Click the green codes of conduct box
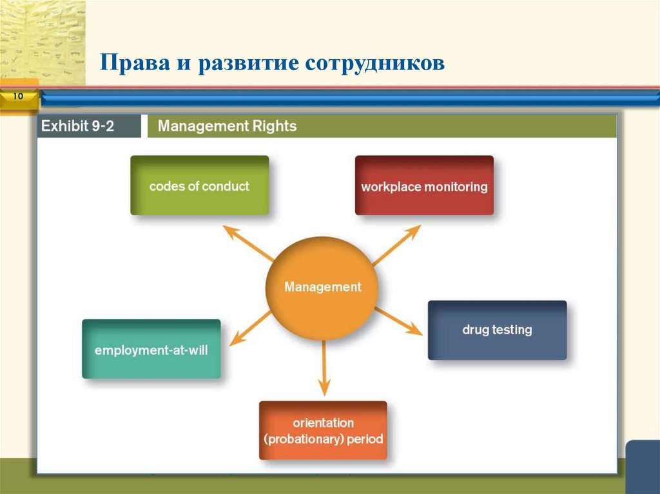[199, 185]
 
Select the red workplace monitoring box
[424, 185]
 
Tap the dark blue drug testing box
[497, 330]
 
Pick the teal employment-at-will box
[151, 349]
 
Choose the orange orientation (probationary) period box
[323, 430]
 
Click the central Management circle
[322, 287]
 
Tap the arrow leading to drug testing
[398, 321]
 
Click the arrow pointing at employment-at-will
[251, 327]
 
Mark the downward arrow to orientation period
[324, 368]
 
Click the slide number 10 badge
[17, 97]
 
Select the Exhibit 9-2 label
[78, 126]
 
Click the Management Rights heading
[227, 126]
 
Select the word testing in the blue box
[512, 330]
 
